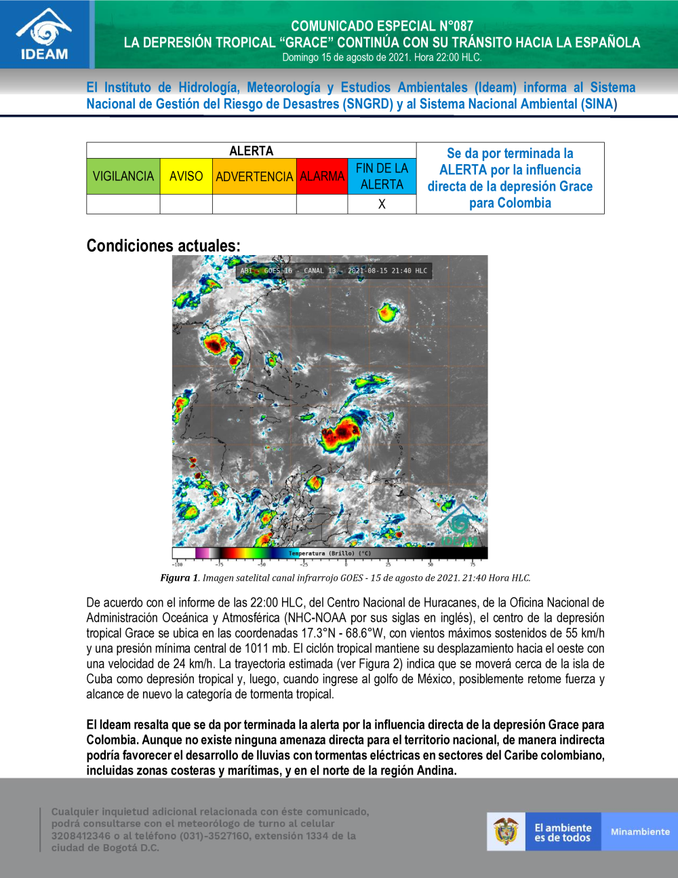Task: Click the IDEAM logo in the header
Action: [x=45, y=35]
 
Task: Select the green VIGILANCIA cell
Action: [x=123, y=176]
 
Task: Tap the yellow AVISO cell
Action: [x=186, y=176]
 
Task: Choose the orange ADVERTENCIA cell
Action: [x=254, y=176]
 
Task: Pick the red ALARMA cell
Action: [x=322, y=176]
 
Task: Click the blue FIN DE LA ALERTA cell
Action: [x=382, y=176]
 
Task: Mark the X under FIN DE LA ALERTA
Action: [x=382, y=204]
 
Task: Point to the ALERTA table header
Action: [x=251, y=151]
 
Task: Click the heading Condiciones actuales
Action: [x=163, y=246]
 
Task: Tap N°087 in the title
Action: [x=456, y=26]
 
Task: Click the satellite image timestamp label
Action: [x=334, y=271]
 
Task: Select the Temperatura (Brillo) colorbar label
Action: [x=330, y=554]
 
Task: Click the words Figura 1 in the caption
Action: [x=179, y=578]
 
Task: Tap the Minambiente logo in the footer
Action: [x=639, y=832]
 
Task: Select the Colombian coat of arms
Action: [x=506, y=831]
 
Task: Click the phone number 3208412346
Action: [x=81, y=836]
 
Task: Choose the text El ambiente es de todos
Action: [x=563, y=833]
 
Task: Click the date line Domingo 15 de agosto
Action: [x=382, y=58]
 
